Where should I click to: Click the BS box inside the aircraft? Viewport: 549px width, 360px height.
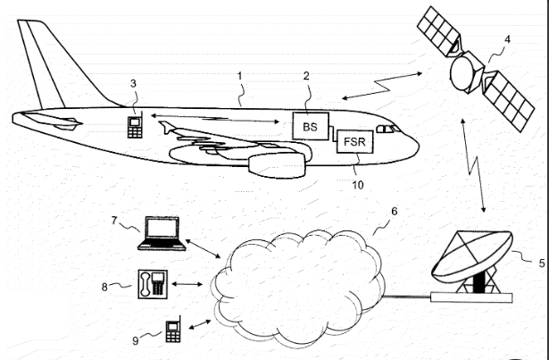310,127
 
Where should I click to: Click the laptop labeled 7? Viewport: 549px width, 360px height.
162,231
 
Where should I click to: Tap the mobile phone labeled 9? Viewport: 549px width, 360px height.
172,330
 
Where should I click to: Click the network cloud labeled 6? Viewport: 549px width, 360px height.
298,277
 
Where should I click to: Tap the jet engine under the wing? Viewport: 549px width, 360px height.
272,164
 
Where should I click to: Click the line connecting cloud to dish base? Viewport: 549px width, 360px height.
406,294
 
